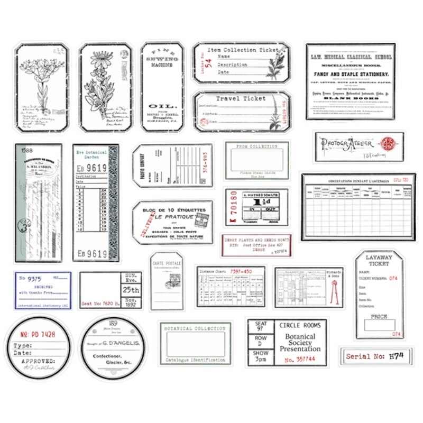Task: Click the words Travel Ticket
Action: click(x=241, y=98)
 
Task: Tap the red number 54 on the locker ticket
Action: click(x=208, y=64)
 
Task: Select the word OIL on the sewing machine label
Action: click(x=162, y=106)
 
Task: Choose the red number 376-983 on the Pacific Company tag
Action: click(x=206, y=164)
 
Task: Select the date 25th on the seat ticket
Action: click(x=131, y=290)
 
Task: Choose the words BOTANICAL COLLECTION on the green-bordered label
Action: click(x=195, y=328)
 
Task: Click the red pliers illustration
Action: click(x=334, y=292)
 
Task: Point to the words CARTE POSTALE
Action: click(x=165, y=262)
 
